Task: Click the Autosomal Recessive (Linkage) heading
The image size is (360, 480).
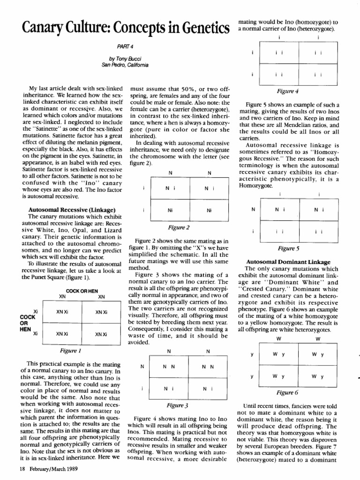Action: (72, 209)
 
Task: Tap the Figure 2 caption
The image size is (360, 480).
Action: (179, 227)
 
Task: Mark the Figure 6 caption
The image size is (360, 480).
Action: (287, 392)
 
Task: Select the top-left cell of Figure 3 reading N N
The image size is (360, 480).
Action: (169, 367)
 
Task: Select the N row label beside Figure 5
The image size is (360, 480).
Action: (253, 210)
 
